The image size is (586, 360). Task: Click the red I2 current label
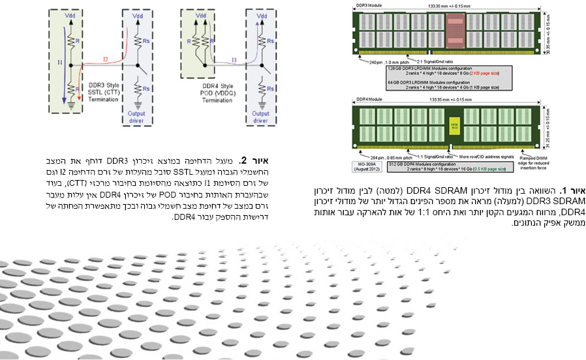[106, 59]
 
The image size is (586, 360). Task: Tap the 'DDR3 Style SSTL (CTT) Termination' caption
[94, 93]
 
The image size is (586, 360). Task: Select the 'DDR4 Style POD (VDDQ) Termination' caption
[216, 93]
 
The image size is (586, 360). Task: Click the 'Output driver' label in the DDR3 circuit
[136, 117]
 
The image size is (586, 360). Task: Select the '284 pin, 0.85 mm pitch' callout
[384, 157]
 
